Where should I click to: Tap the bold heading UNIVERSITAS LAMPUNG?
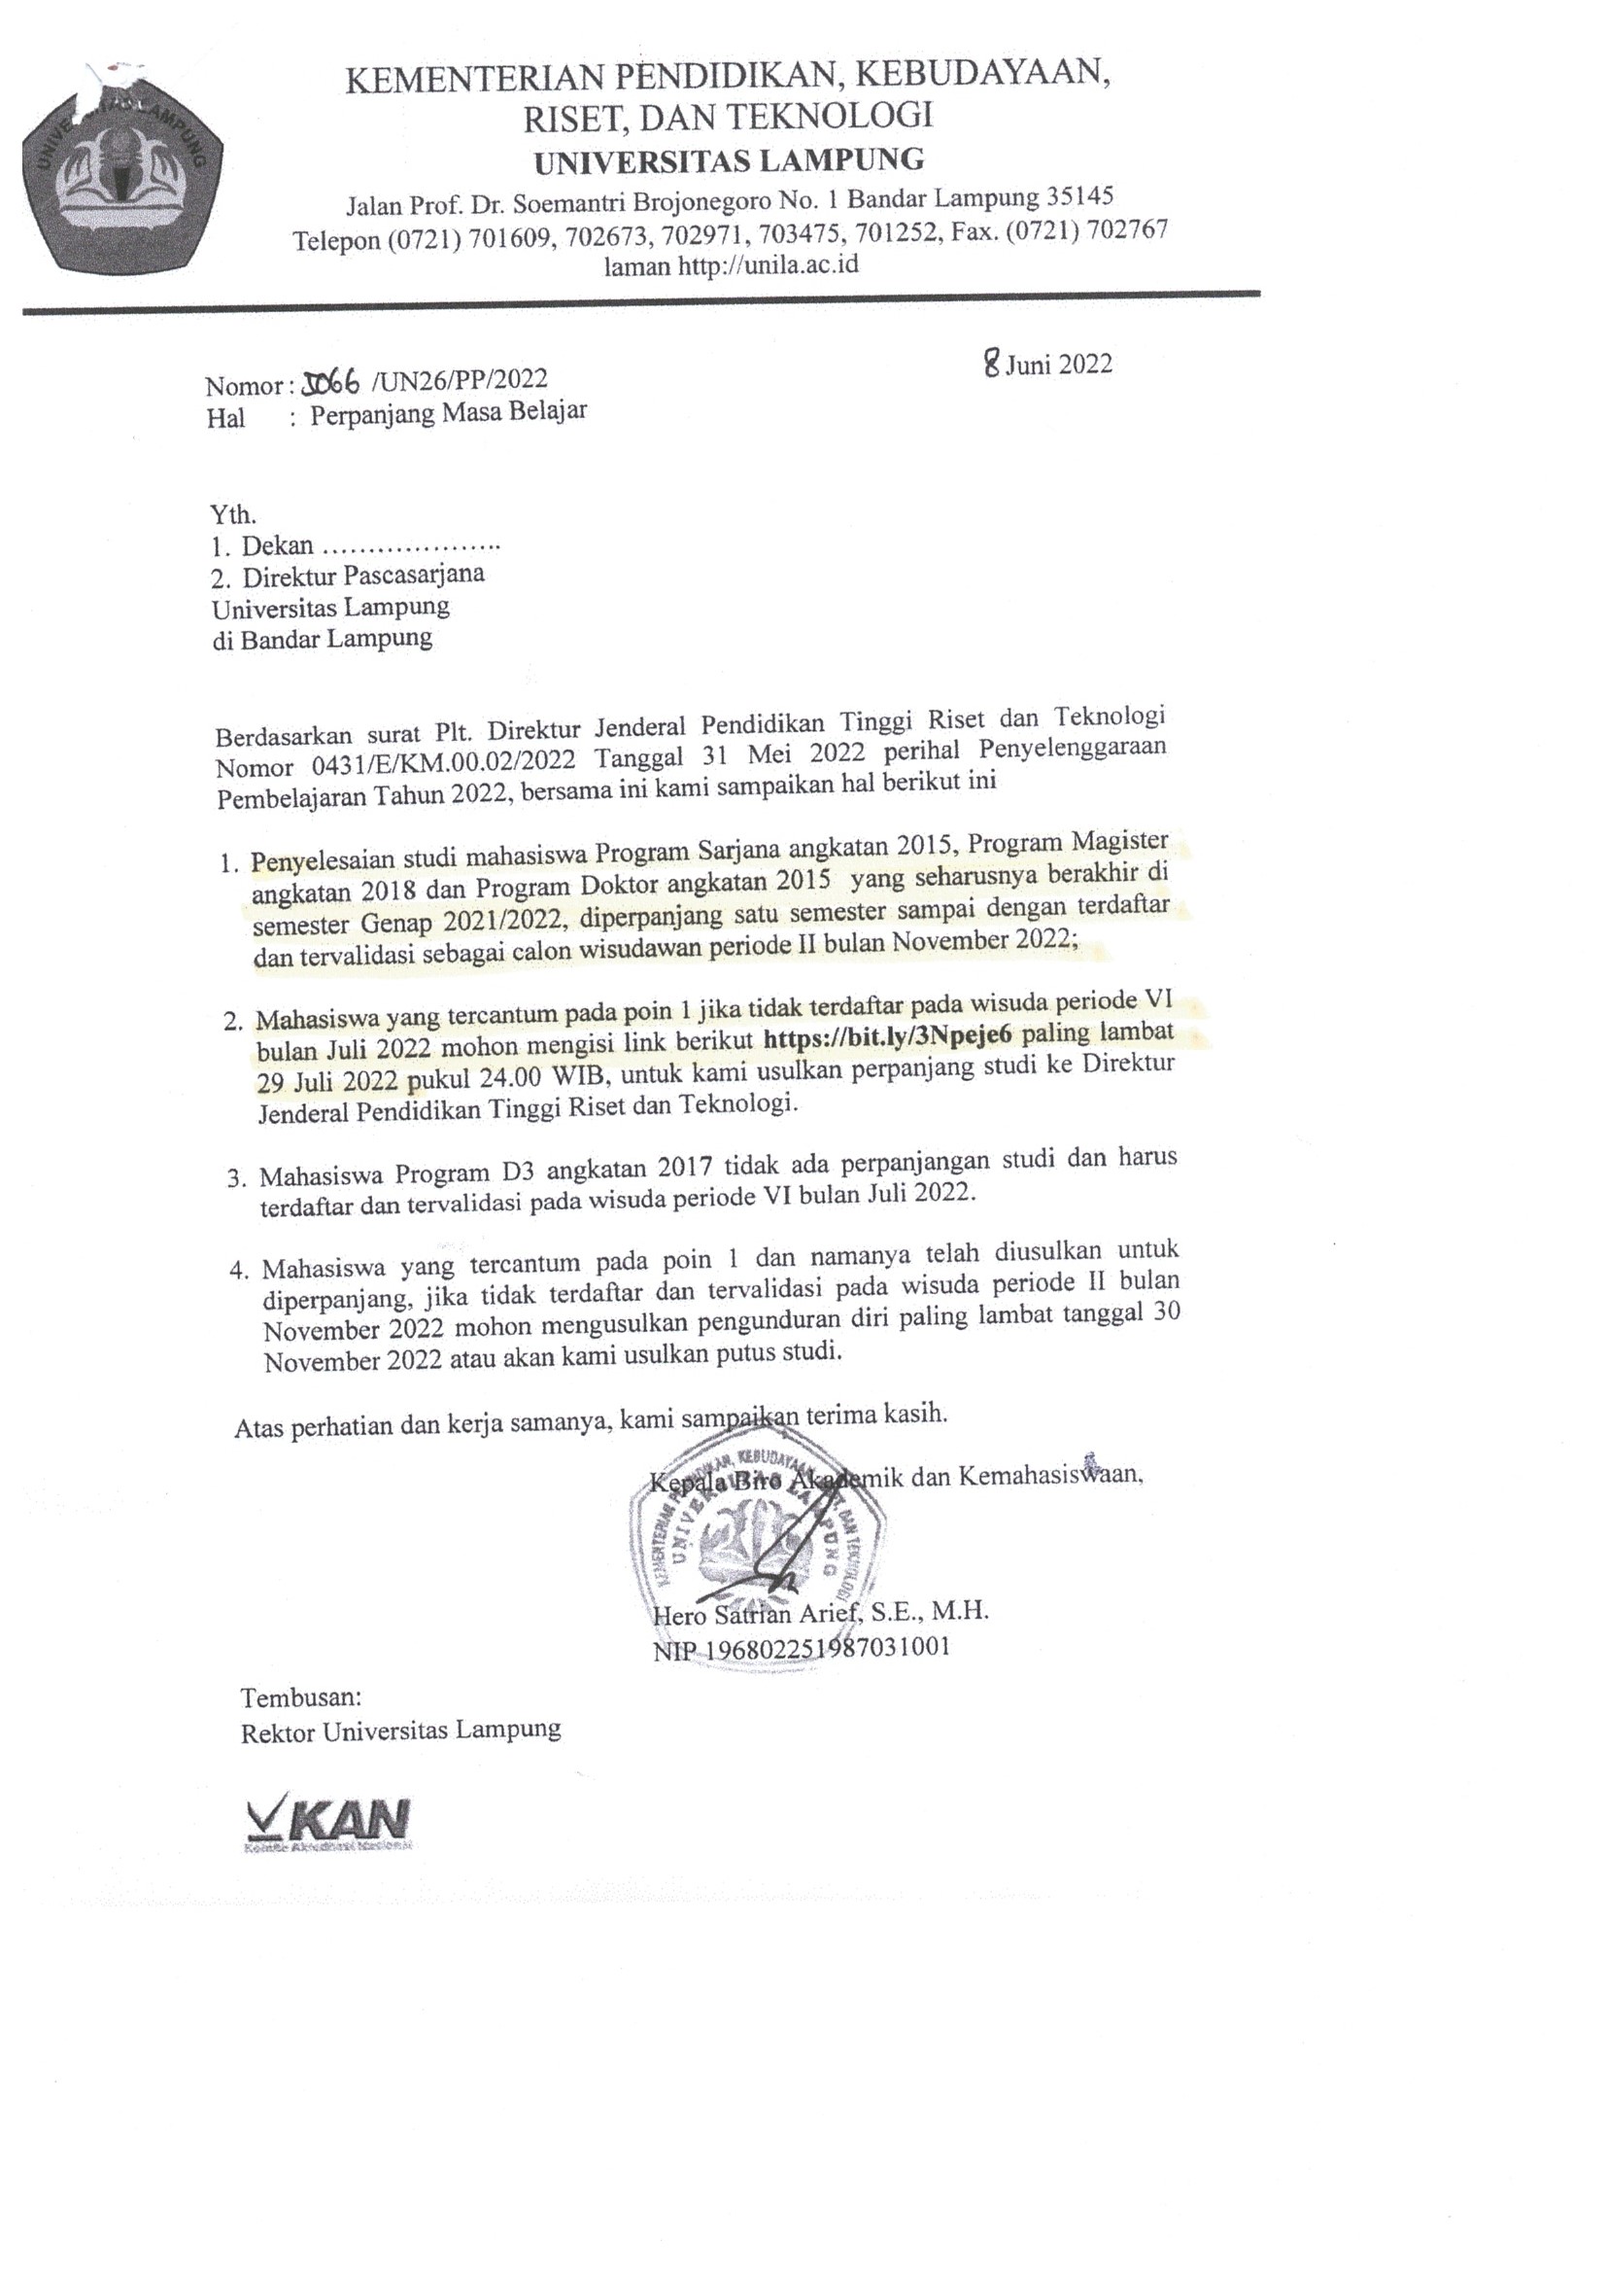[730, 160]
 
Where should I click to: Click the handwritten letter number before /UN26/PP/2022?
[331, 382]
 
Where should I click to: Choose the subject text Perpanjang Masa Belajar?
[448, 412]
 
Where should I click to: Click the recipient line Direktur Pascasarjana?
[364, 576]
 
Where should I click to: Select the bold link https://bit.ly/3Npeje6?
[892, 1037]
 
